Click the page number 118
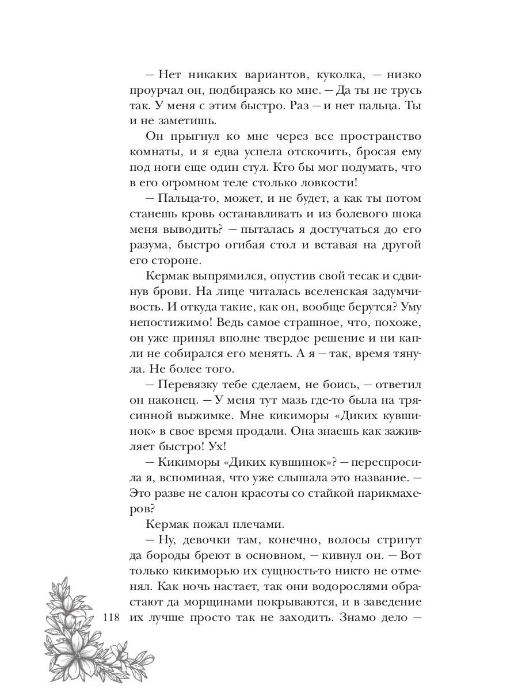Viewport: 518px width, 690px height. (109, 619)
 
